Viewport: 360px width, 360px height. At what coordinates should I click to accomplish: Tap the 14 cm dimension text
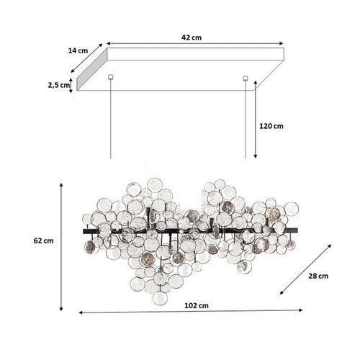pyautogui.click(x=78, y=51)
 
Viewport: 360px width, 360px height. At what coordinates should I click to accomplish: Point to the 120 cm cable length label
pyautogui.click(x=271, y=126)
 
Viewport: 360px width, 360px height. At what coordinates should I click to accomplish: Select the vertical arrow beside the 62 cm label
pyautogui.click(x=62, y=246)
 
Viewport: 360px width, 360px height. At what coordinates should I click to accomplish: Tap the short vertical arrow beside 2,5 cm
pyautogui.click(x=71, y=86)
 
